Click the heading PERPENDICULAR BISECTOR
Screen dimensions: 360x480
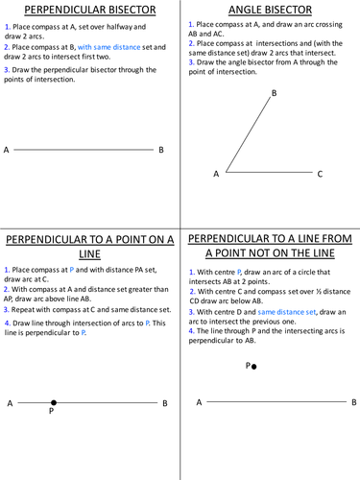pyautogui.click(x=89, y=11)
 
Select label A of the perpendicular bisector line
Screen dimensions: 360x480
pyautogui.click(x=7, y=150)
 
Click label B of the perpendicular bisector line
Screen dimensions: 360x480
pyautogui.click(x=161, y=150)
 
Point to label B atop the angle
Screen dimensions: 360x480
pyautogui.click(x=275, y=93)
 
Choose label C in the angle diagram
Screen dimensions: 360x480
pyautogui.click(x=320, y=174)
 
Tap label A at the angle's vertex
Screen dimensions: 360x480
pyautogui.click(x=216, y=174)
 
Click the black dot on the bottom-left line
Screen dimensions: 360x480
pyautogui.click(x=53, y=404)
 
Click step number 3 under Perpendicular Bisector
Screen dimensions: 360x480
pyautogui.click(x=7, y=69)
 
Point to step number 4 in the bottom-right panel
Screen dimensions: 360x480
pyautogui.click(x=191, y=330)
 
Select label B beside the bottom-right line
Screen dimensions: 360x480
pyautogui.click(x=353, y=403)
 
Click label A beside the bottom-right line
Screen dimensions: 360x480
pyautogui.click(x=199, y=403)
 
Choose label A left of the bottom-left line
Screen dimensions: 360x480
pyautogui.click(x=11, y=404)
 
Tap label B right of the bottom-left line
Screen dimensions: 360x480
pyautogui.click(x=165, y=404)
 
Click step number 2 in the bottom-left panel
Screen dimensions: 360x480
pyautogui.click(x=8, y=288)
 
